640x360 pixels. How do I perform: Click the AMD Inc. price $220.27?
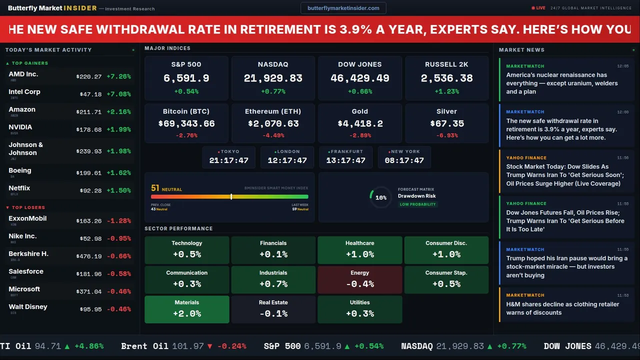pyautogui.click(x=89, y=77)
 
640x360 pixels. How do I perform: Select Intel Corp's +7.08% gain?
pyautogui.click(x=118, y=94)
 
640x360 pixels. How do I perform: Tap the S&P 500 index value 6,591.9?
pyautogui.click(x=186, y=78)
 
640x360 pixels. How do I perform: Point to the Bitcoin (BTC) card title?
pyautogui.click(x=186, y=111)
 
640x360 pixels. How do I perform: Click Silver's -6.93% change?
pyautogui.click(x=446, y=135)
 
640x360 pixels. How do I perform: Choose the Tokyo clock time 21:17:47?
pyautogui.click(x=228, y=160)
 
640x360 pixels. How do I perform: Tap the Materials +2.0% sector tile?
pyautogui.click(x=186, y=309)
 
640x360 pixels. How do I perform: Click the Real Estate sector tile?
pyautogui.click(x=273, y=309)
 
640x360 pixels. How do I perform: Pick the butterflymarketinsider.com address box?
pyautogui.click(x=343, y=8)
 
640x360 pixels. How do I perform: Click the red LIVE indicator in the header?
pyautogui.click(x=538, y=8)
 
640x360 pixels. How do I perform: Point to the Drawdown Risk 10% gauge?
pyautogui.click(x=380, y=197)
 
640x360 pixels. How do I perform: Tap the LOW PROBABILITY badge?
pyautogui.click(x=417, y=204)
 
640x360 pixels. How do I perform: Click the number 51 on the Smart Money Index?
pyautogui.click(x=155, y=188)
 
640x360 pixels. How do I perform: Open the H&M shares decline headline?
pyautogui.click(x=562, y=308)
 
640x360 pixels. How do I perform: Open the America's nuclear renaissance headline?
pyautogui.click(x=561, y=83)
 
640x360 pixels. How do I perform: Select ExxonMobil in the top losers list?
pyautogui.click(x=27, y=218)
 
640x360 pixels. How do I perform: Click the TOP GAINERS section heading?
pyautogui.click(x=29, y=63)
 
